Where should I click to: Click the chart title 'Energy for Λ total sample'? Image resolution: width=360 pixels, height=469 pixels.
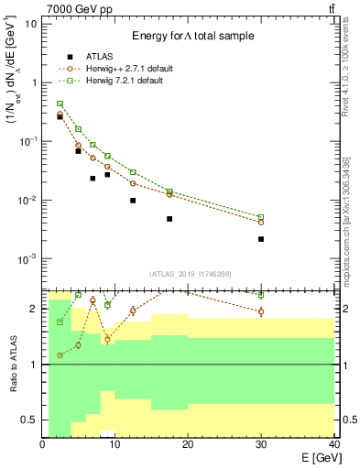[191, 36]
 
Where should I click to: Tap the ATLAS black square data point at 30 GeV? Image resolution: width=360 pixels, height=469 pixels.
[261, 239]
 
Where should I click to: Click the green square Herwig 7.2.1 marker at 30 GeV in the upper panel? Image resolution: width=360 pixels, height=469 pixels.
[261, 217]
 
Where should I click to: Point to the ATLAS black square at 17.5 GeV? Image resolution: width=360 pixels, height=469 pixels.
[169, 219]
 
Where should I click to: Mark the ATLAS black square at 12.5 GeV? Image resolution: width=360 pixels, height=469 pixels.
[133, 201]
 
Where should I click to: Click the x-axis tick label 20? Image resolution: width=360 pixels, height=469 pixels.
[189, 444]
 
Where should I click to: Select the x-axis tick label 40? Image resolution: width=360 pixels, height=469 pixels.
[334, 444]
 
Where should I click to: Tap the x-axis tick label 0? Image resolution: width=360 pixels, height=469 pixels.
[43, 444]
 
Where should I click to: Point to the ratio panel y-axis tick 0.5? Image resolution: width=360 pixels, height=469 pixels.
[30, 420]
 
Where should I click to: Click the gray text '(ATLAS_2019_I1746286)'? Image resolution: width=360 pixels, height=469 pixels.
[189, 274]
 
